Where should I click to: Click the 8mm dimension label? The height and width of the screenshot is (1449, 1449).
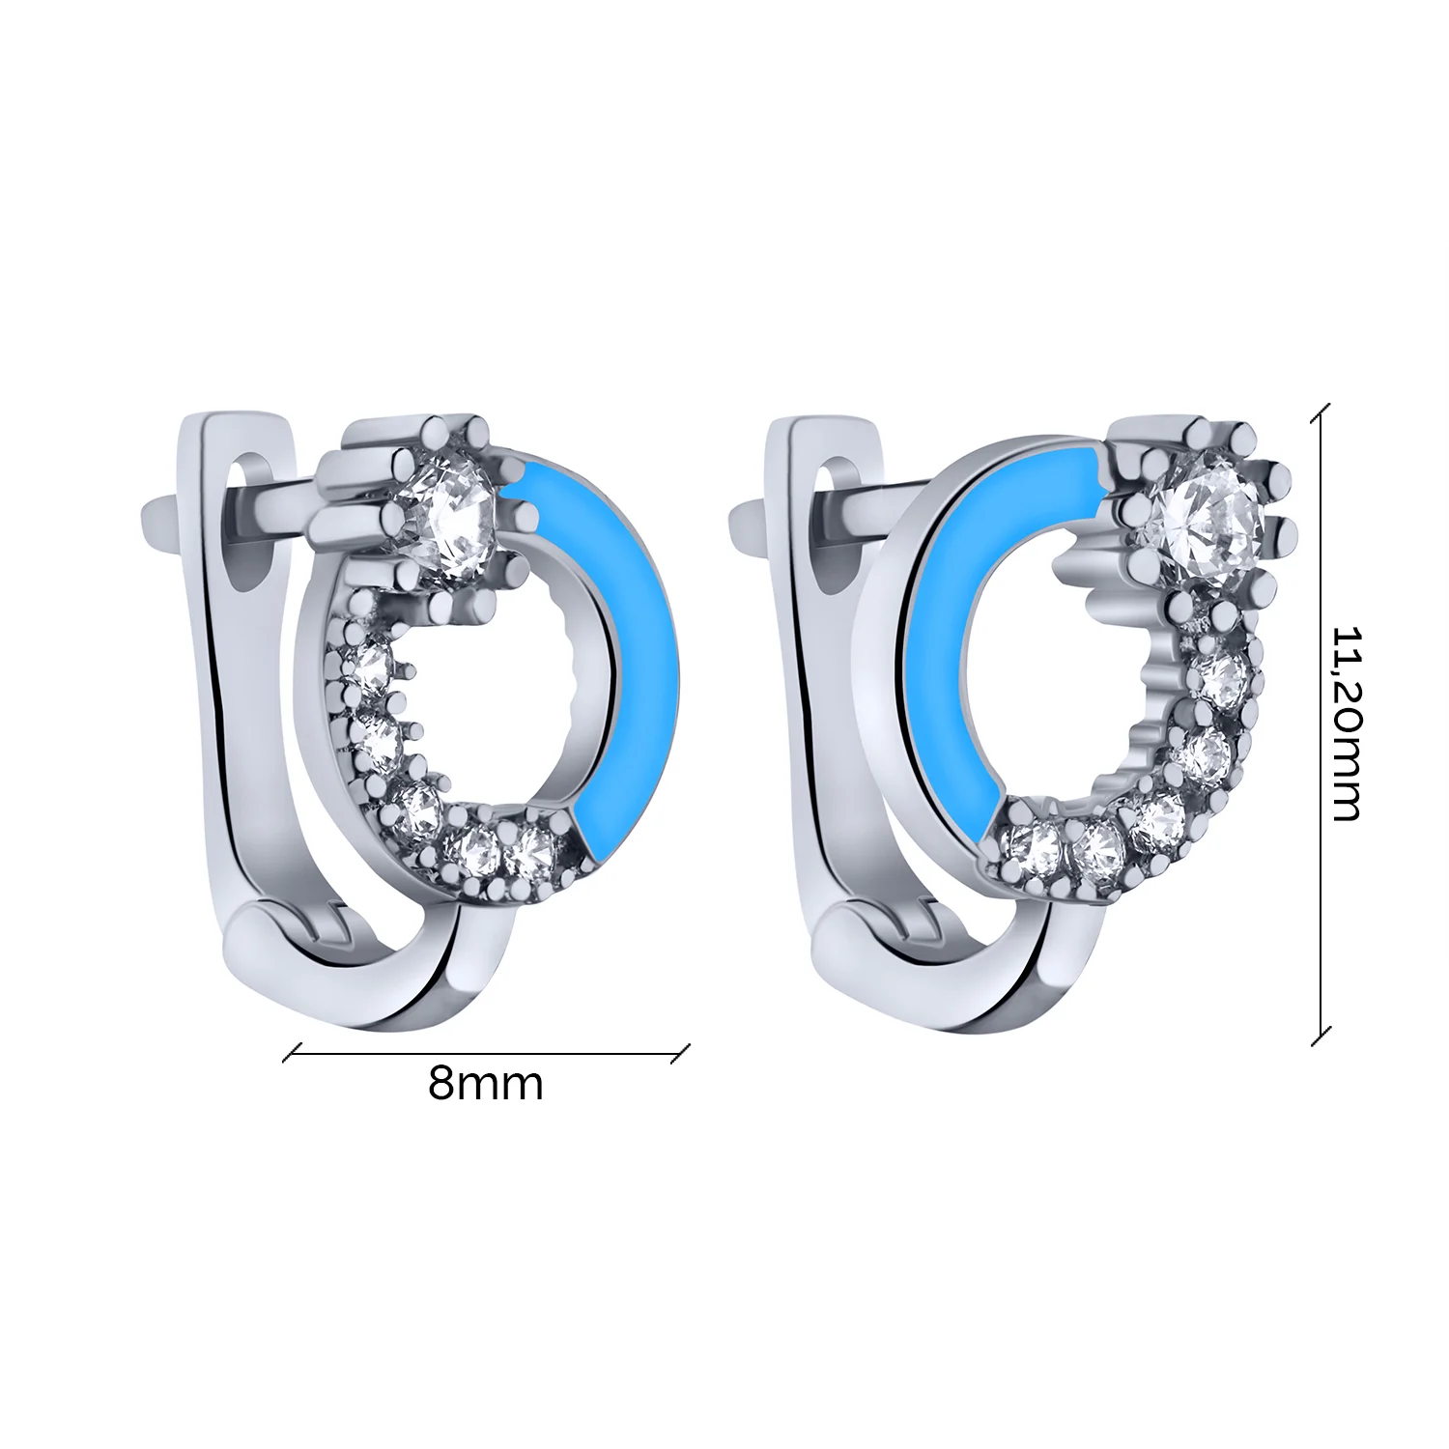point(486,1085)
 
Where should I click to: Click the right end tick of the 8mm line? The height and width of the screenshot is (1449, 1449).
point(682,1051)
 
